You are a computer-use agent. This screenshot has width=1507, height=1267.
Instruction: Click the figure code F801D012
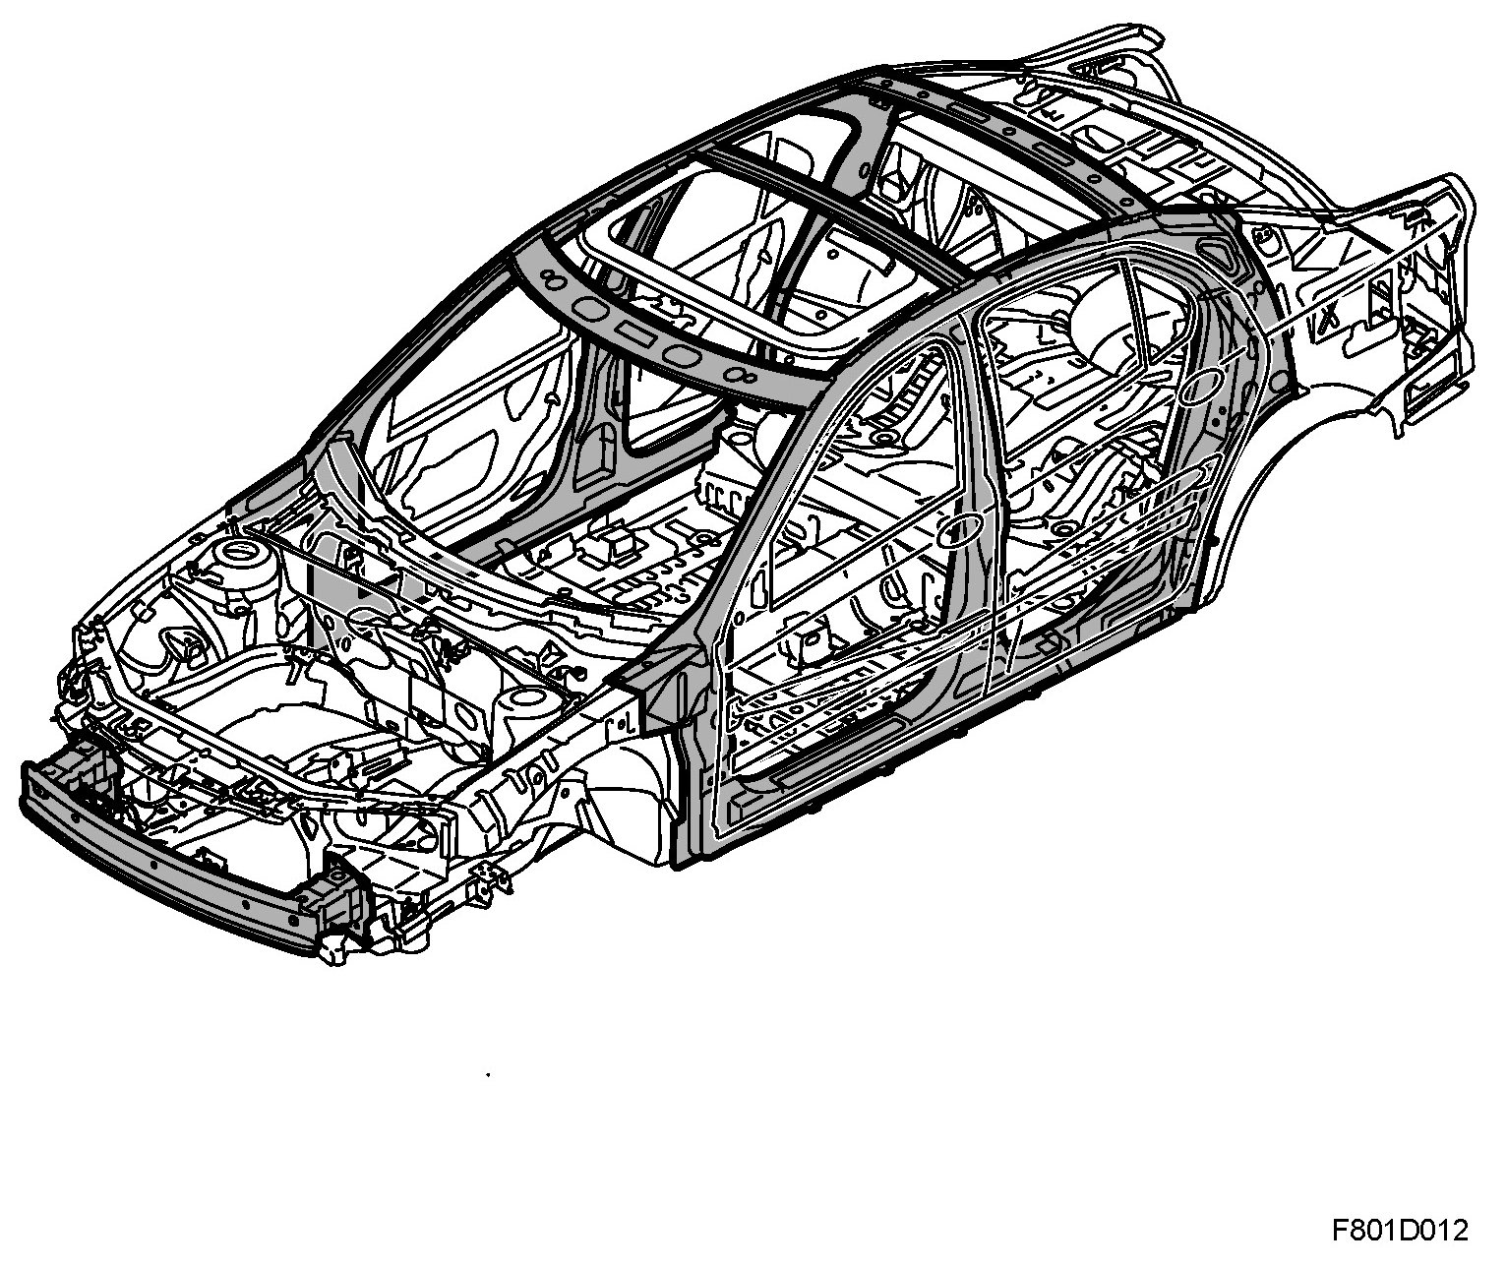(x=1400, y=1230)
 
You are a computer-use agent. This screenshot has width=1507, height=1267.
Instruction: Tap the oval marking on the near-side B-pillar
(x=960, y=531)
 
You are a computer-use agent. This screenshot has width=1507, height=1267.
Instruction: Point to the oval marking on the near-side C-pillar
(x=1202, y=387)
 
